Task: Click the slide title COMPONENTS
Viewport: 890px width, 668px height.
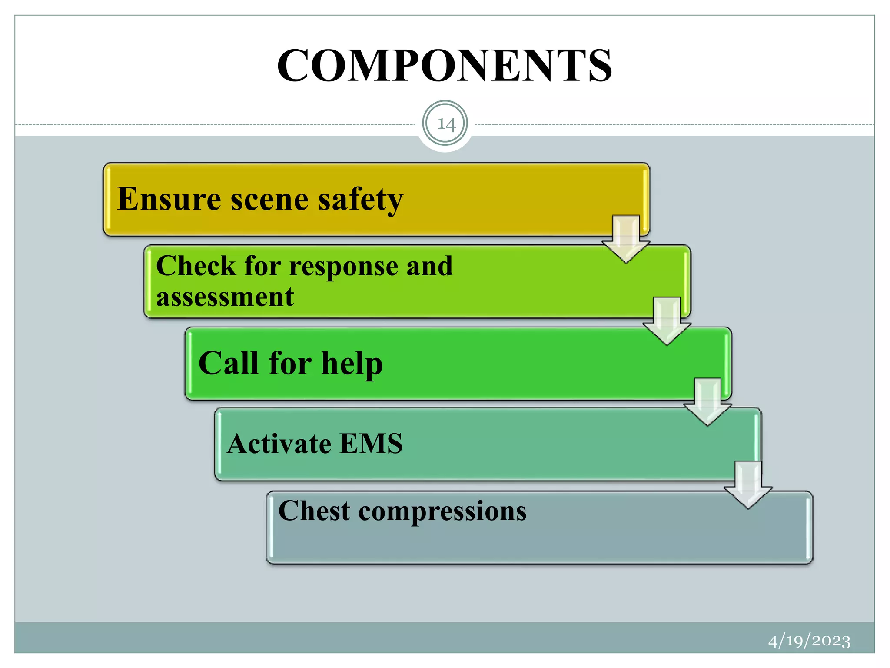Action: (x=445, y=66)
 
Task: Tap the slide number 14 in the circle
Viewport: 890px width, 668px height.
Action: (x=445, y=124)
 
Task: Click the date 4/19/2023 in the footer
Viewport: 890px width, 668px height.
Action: (x=809, y=641)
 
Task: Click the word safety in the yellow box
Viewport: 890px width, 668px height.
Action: (x=360, y=200)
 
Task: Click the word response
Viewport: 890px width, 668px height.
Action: (x=343, y=267)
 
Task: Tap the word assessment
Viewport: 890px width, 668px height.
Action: (x=225, y=297)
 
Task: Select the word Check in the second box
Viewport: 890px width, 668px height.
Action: (x=196, y=266)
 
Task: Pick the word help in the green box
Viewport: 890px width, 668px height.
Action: (x=352, y=364)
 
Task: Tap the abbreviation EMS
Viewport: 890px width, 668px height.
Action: (x=371, y=444)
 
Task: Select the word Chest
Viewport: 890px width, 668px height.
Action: (x=314, y=511)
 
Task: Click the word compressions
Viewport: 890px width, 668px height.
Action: (x=442, y=511)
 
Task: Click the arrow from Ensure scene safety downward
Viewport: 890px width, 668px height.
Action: (x=626, y=239)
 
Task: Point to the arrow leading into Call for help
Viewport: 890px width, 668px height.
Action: (x=667, y=321)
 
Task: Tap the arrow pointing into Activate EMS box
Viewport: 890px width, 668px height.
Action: (x=707, y=402)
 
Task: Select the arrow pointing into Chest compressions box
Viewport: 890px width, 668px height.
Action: (x=748, y=485)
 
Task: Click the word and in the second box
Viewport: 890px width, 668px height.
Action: (x=429, y=266)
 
